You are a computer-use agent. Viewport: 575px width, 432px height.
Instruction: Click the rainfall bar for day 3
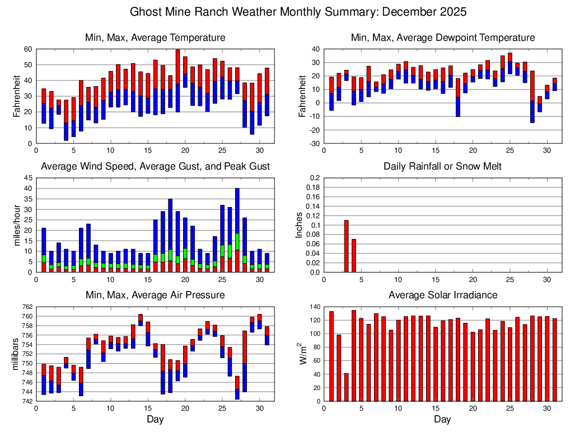pyautogui.click(x=346, y=246)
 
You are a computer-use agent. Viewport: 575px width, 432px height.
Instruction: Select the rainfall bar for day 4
pyautogui.click(x=354, y=256)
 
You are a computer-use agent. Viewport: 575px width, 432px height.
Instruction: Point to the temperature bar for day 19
pyautogui.click(x=177, y=81)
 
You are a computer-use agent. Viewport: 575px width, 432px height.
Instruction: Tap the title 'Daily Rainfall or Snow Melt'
pyautogui.click(x=442, y=166)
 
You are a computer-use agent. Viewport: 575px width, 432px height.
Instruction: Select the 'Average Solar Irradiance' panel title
pyautogui.click(x=442, y=295)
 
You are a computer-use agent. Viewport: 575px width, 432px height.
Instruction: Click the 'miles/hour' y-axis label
pyautogui.click(x=17, y=225)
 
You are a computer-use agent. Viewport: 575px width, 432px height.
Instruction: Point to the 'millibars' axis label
pyautogui.click(x=17, y=354)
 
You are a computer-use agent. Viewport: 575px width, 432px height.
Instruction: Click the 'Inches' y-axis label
pyautogui.click(x=299, y=225)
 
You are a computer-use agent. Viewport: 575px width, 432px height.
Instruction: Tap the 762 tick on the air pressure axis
pyautogui.click(x=27, y=307)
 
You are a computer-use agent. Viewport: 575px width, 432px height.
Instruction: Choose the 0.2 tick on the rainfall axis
pyautogui.click(x=315, y=178)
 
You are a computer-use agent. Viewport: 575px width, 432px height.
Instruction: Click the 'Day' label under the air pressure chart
pyautogui.click(x=155, y=419)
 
